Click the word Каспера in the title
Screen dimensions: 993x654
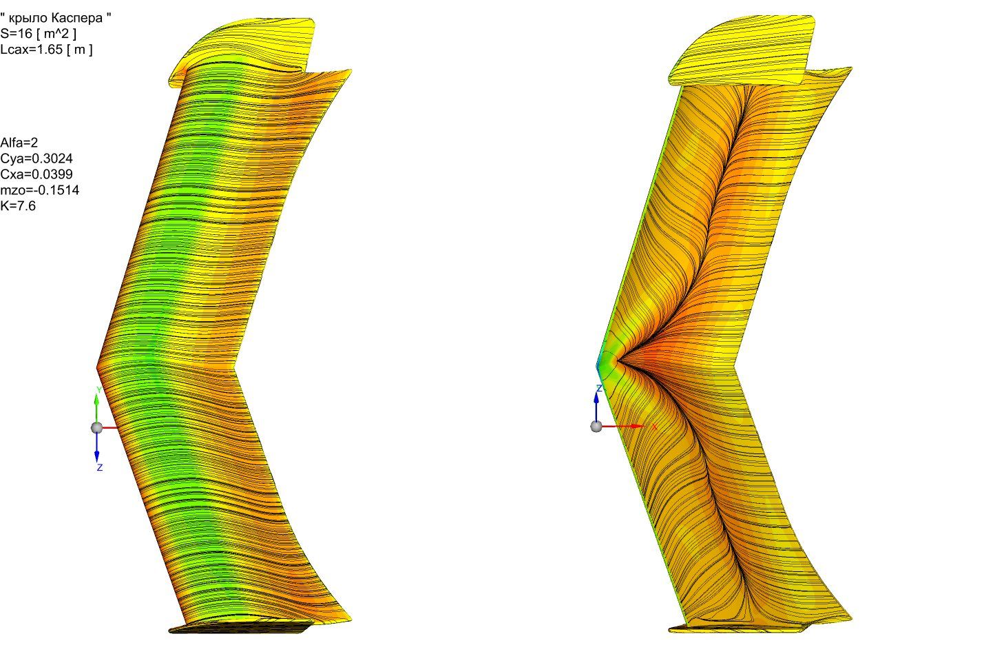coord(76,18)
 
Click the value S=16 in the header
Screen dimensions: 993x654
coord(17,34)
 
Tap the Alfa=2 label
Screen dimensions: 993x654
coord(19,143)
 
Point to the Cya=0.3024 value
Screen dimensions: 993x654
coord(36,159)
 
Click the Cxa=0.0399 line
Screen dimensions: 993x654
coord(36,174)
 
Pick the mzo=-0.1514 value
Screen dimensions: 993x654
coord(39,190)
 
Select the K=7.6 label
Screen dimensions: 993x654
coord(18,206)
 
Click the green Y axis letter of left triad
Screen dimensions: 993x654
coord(99,390)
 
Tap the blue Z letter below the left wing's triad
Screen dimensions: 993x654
coord(100,468)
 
